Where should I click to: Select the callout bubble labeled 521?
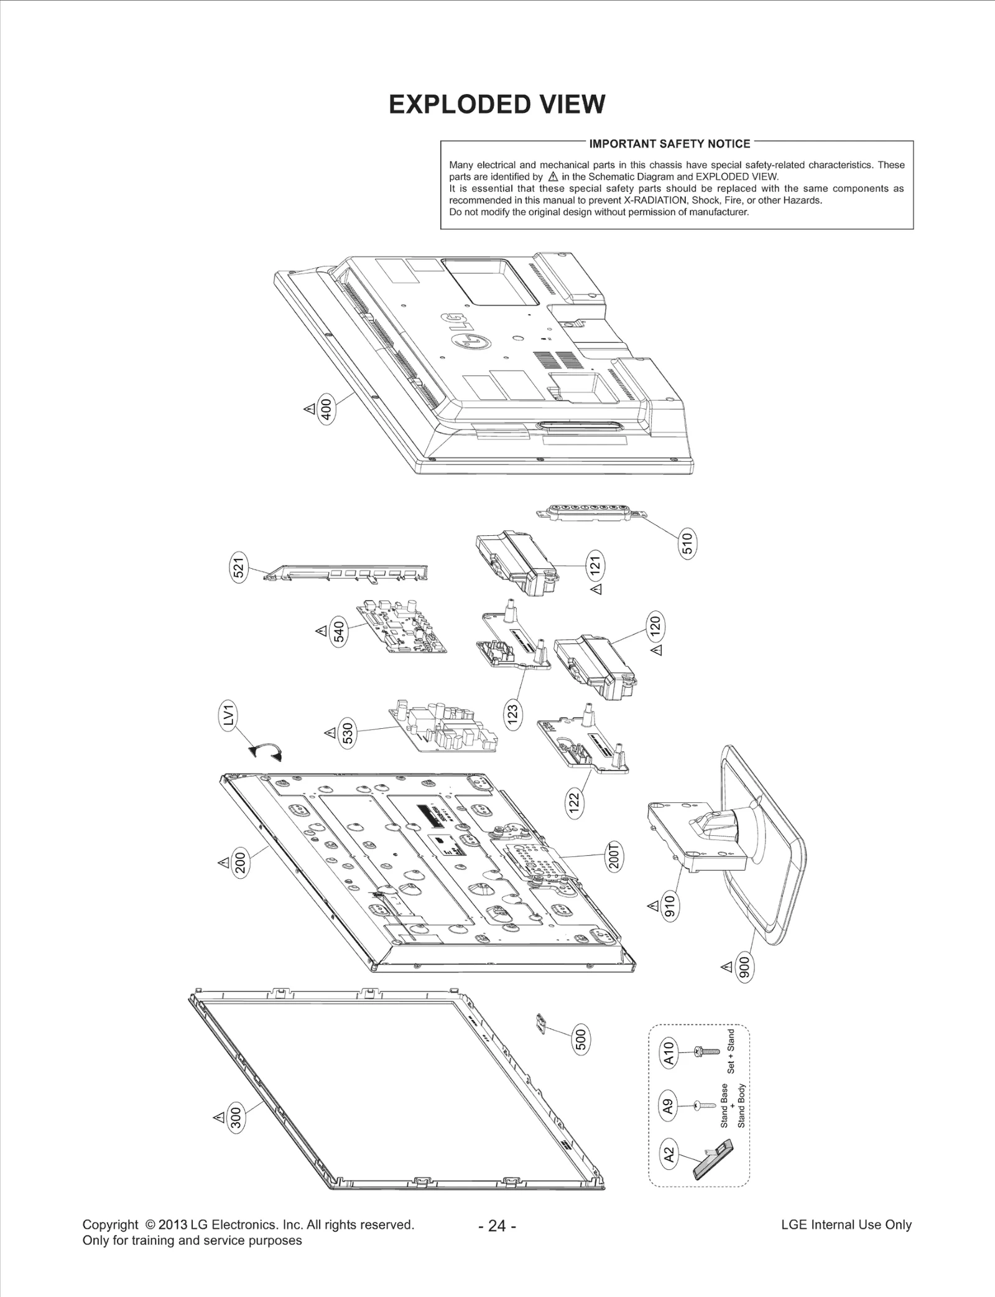(x=239, y=566)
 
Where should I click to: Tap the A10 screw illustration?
(x=706, y=1051)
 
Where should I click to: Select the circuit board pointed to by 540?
(x=402, y=629)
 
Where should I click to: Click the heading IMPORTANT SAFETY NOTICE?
(x=669, y=144)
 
